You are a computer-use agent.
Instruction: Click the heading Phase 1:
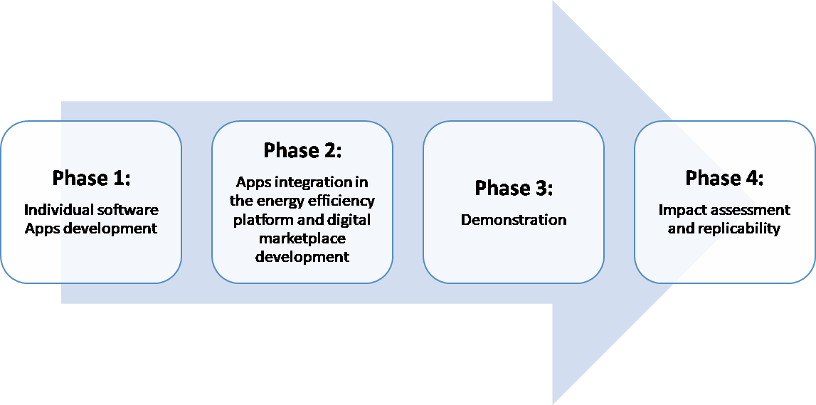pos(91,178)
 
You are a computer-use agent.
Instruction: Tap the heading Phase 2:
pos(302,150)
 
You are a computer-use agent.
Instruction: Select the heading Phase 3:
pos(514,188)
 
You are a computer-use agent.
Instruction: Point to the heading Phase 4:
pos(724,178)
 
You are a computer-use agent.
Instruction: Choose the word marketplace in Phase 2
pos(302,238)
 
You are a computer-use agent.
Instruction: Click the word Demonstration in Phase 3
pos(514,220)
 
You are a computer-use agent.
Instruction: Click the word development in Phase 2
pos(302,257)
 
